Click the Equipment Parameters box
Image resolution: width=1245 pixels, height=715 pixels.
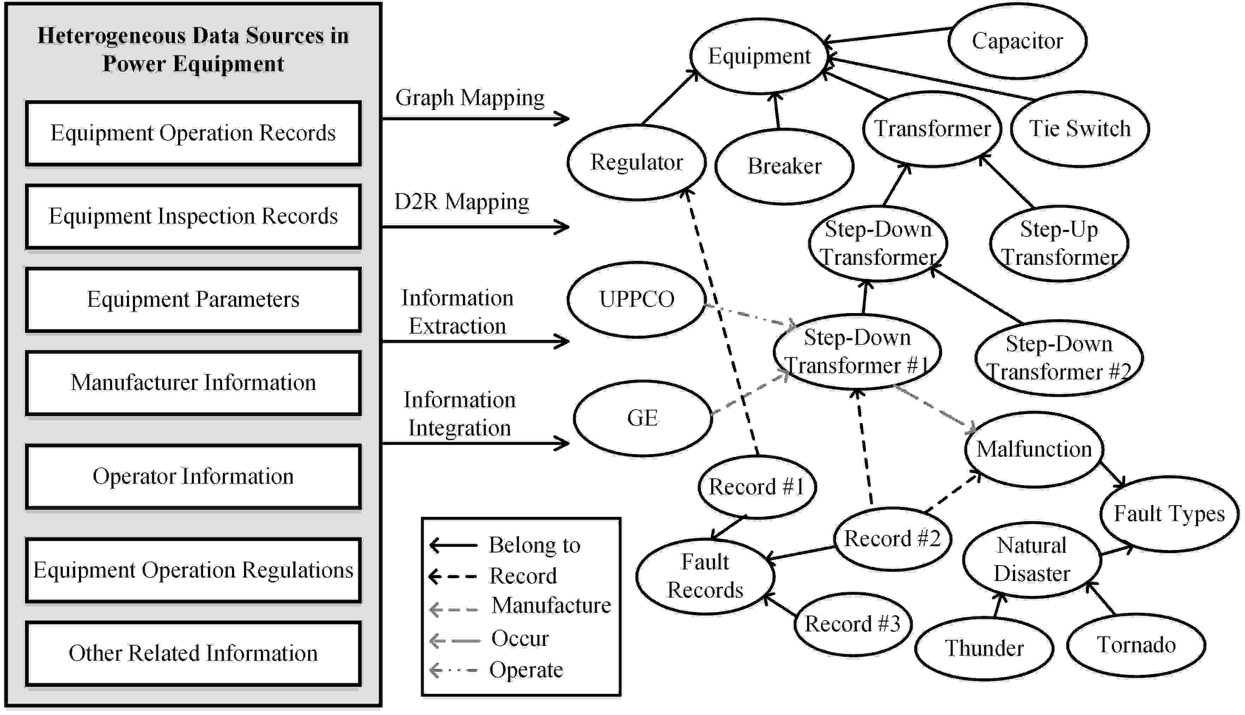click(193, 300)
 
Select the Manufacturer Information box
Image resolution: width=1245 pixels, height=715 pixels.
click(193, 383)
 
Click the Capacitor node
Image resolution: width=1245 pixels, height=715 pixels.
click(1017, 41)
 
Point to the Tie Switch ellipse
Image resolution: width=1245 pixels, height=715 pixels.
click(1080, 129)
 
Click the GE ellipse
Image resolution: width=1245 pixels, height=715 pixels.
click(642, 418)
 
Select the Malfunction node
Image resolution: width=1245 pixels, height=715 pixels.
click(1034, 449)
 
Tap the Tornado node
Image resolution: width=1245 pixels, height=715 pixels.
click(1136, 645)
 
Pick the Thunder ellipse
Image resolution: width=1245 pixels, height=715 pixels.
click(984, 649)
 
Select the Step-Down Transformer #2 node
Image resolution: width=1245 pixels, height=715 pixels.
click(1058, 358)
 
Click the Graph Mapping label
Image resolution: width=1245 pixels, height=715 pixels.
click(470, 98)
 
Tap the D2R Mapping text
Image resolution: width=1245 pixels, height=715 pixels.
click(462, 202)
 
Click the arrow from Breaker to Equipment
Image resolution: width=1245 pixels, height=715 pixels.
click(776, 110)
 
